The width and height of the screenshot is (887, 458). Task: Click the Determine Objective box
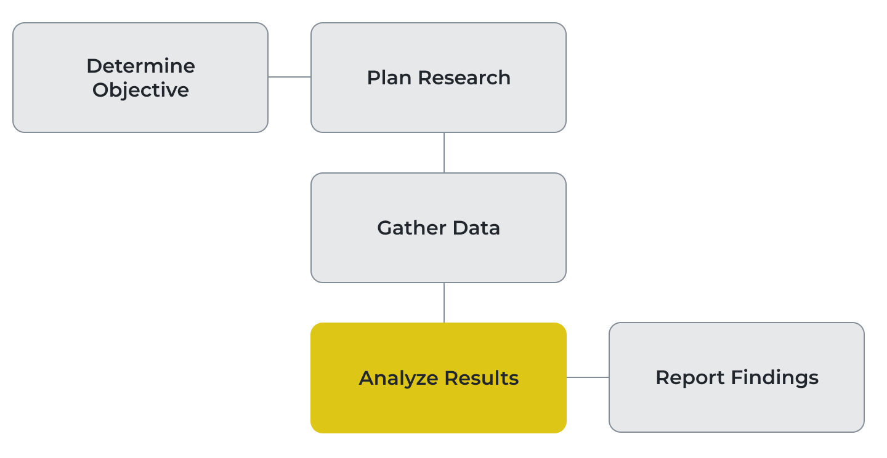point(140,78)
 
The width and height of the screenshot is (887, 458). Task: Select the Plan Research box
point(439,78)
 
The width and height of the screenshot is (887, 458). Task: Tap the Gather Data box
point(439,228)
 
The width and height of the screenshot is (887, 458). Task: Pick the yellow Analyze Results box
point(439,377)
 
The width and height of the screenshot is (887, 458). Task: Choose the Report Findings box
point(737,377)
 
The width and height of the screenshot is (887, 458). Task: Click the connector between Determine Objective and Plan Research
point(290,77)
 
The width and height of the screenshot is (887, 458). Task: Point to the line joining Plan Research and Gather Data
point(444,153)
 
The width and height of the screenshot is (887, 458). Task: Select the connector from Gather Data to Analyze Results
point(444,302)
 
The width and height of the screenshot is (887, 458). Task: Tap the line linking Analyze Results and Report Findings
point(588,377)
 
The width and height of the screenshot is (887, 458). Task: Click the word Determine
point(140,66)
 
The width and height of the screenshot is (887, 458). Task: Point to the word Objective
point(140,90)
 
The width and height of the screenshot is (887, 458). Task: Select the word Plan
point(389,78)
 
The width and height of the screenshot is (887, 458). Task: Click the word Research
point(464,78)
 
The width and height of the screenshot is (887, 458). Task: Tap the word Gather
point(411,228)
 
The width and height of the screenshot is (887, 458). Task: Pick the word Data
point(476,228)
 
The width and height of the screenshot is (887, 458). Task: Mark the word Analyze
point(398,379)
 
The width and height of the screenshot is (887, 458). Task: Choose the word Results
point(482,378)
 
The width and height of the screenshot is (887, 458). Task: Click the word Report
point(690,378)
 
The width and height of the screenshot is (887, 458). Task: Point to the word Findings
point(775,377)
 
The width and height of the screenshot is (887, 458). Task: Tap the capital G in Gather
point(386,228)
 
